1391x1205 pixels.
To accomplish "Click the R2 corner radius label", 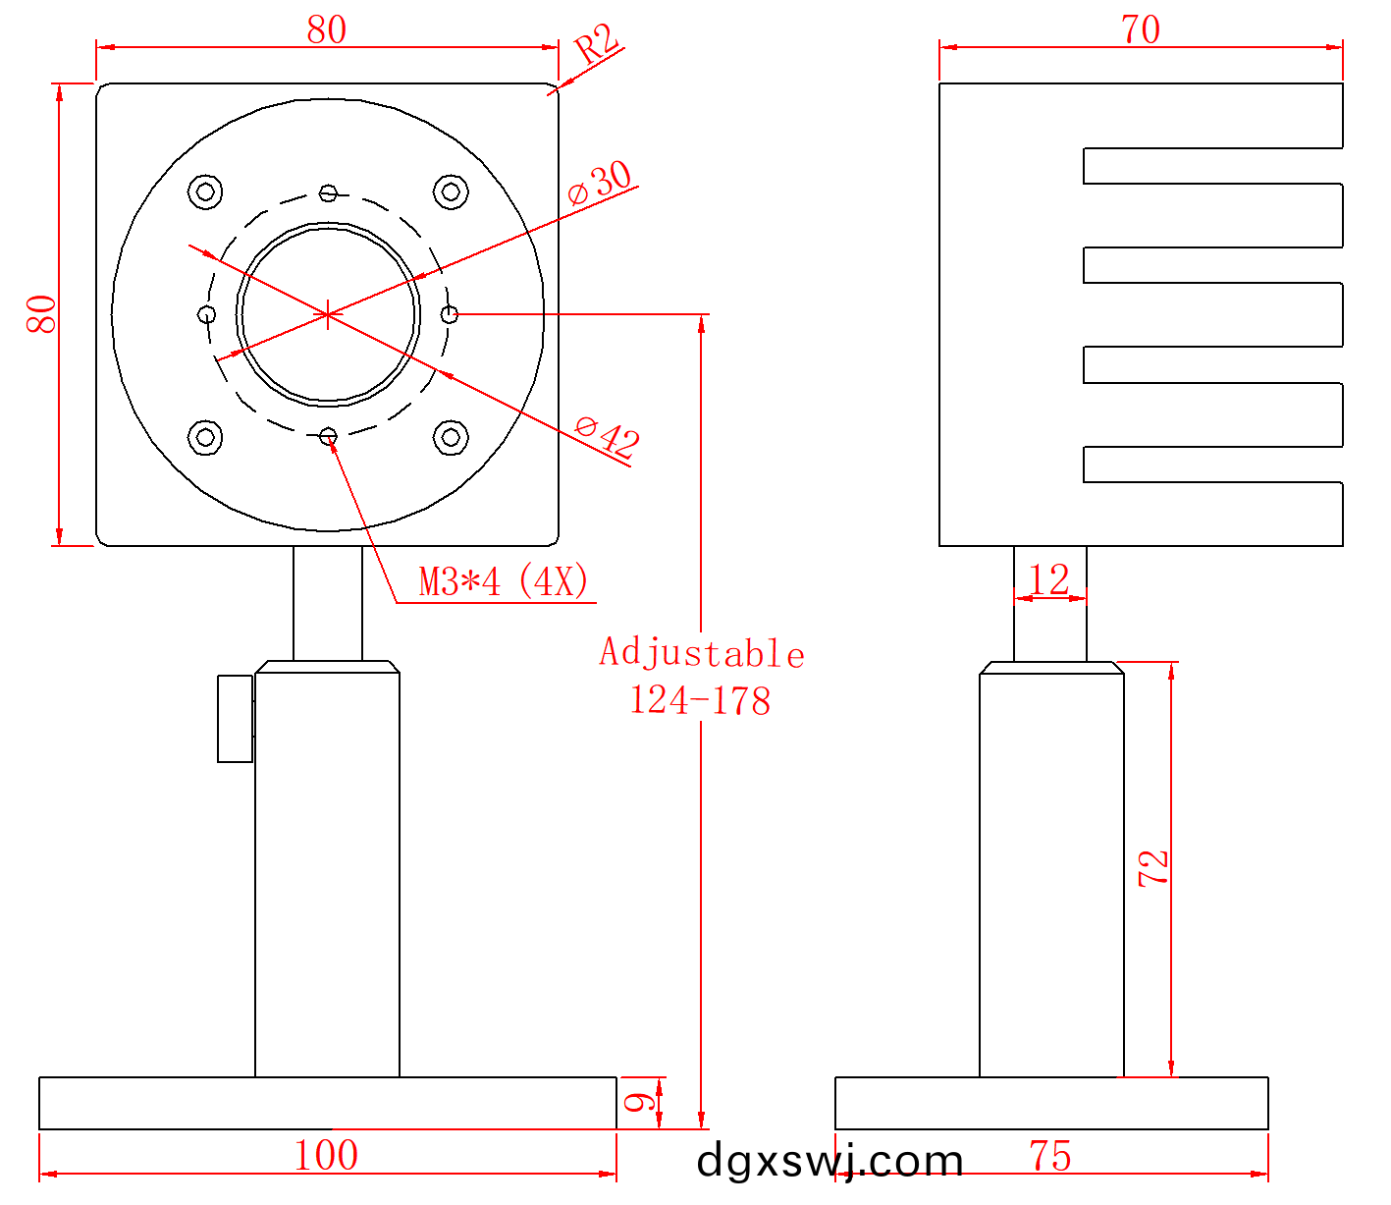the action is tap(596, 43).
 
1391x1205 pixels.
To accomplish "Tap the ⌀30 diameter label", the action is tap(600, 183).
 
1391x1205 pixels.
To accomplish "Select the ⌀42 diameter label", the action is tap(607, 436).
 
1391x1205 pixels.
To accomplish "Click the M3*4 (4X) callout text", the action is tap(504, 581).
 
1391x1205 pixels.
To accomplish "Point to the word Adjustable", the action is tap(702, 653).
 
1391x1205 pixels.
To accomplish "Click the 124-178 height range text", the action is tap(700, 700).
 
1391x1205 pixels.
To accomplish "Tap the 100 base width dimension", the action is tap(326, 1155).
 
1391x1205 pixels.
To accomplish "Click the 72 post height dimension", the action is tap(1153, 868).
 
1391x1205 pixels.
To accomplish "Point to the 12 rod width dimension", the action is tap(1049, 579).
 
